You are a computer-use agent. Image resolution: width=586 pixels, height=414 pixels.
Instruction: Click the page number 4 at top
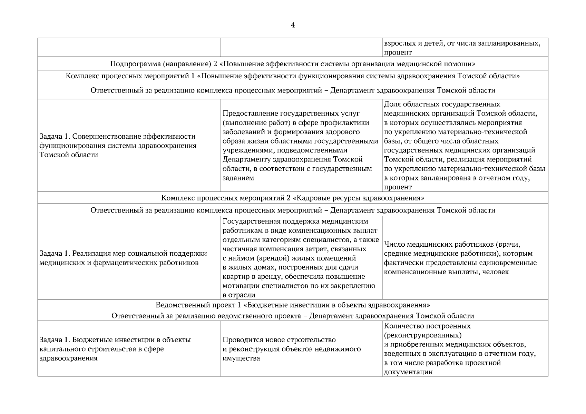(293, 25)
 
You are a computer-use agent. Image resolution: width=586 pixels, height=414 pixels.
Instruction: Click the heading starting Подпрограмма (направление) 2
(293, 64)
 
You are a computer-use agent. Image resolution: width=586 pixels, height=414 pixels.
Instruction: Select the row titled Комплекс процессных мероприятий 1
(293, 76)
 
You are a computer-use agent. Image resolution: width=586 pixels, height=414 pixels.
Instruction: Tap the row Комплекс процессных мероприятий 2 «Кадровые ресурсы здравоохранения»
(293, 198)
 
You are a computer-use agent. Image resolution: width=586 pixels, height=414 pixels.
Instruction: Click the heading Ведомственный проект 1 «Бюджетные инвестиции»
(293, 305)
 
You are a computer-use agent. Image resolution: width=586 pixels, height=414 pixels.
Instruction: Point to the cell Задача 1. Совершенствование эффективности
(118, 146)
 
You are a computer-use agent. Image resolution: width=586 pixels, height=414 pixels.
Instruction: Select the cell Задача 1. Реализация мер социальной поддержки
(123, 258)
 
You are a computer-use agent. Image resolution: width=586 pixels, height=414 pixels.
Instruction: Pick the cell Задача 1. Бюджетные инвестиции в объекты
(115, 349)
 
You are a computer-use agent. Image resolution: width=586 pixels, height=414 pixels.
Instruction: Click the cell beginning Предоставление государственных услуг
(300, 146)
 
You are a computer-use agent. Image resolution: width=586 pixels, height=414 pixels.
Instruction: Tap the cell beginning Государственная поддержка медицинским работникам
(300, 258)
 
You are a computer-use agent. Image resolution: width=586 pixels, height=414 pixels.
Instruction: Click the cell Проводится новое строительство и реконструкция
(292, 349)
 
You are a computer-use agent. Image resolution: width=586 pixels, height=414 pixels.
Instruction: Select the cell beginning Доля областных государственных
(464, 146)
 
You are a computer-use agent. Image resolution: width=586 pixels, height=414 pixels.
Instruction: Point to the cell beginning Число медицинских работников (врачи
(460, 258)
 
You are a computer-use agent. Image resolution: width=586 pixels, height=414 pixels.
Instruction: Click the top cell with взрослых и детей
(462, 48)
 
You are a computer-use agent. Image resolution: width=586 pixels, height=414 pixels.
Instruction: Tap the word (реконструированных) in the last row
(422, 335)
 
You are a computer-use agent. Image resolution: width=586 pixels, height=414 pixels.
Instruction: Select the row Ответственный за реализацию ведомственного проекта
(293, 316)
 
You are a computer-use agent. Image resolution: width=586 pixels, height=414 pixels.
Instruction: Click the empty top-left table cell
(129, 48)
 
